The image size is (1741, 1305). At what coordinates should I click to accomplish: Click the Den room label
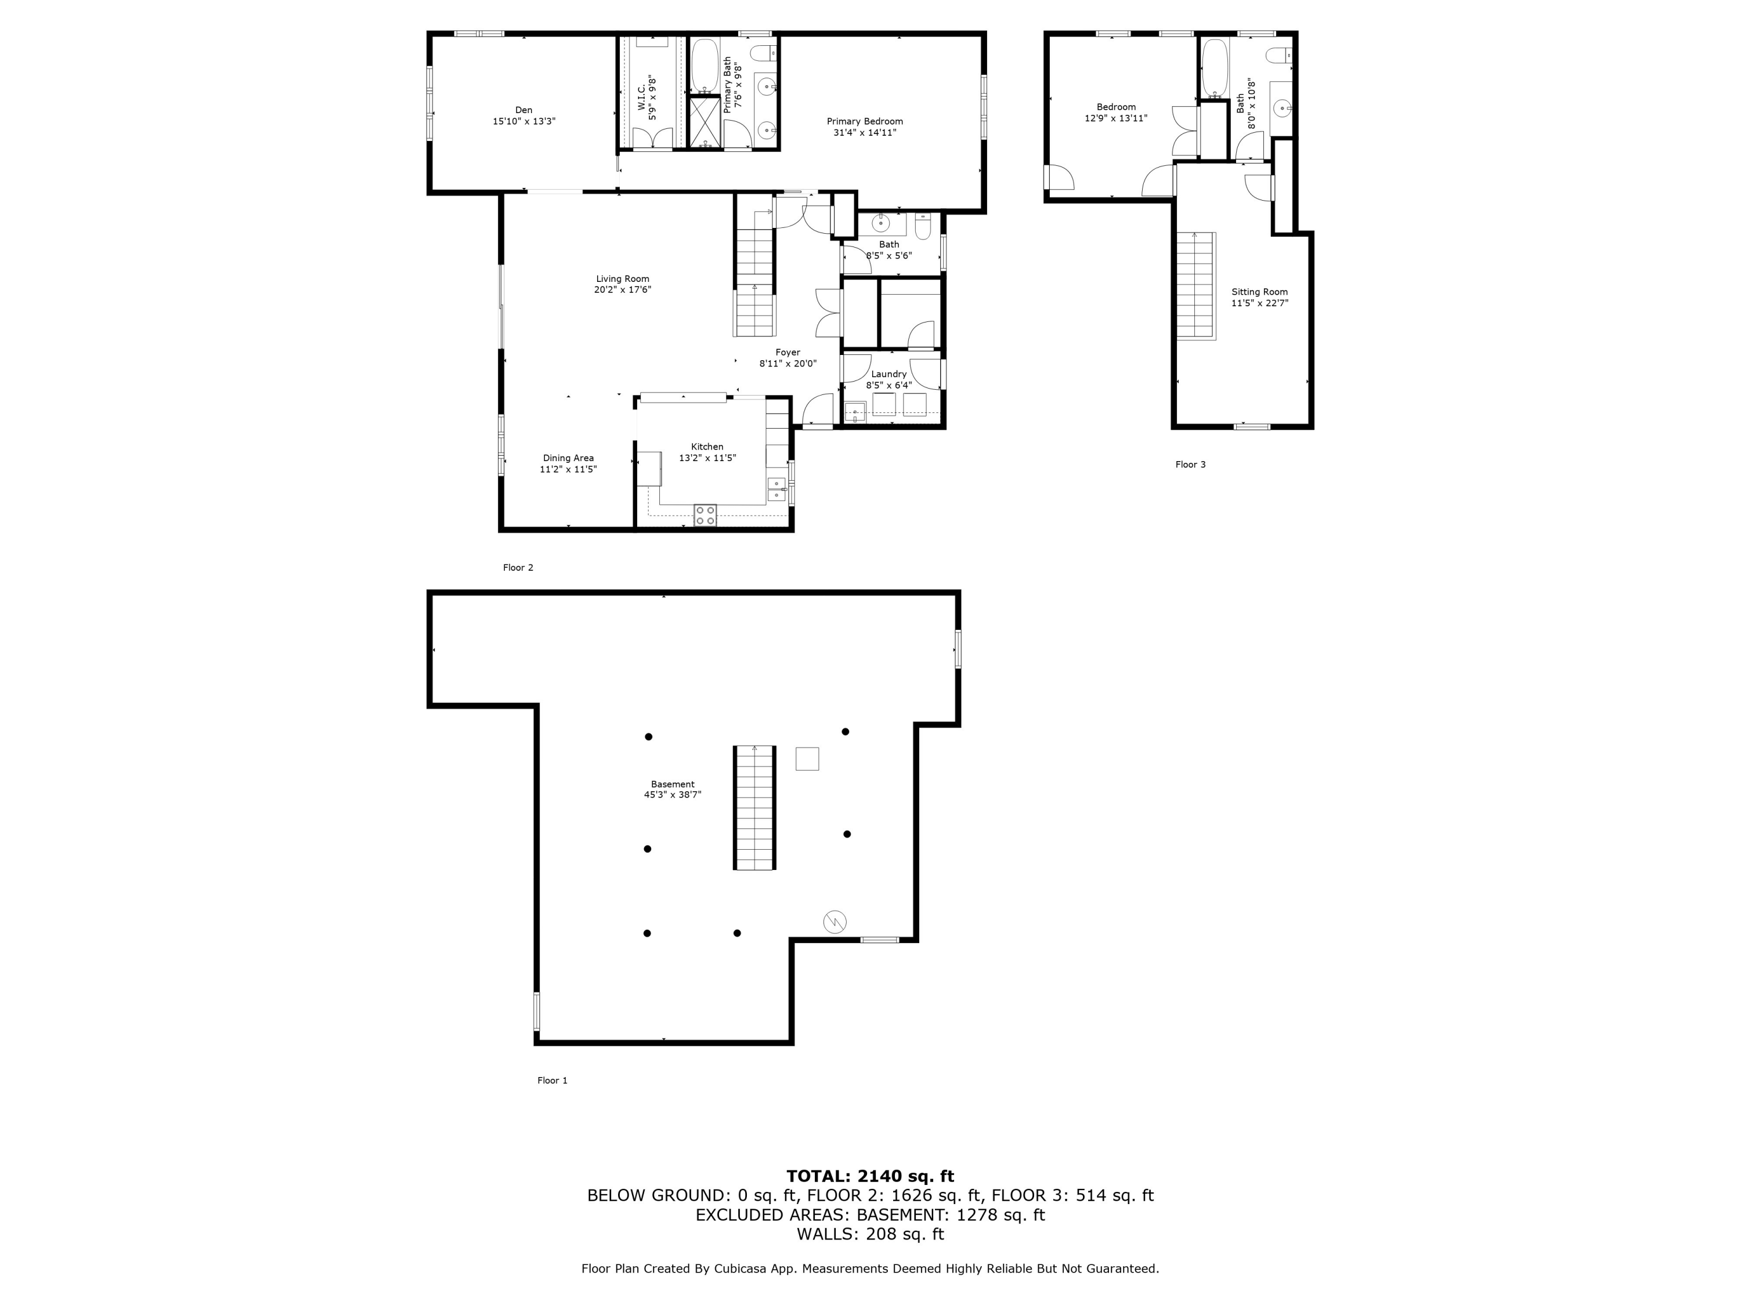tap(523, 110)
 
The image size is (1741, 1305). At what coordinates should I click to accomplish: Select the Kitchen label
tap(707, 447)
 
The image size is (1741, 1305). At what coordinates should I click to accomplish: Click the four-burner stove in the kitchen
tap(705, 515)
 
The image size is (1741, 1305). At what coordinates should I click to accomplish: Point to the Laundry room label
tap(888, 375)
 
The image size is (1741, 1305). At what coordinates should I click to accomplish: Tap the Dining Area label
tap(568, 458)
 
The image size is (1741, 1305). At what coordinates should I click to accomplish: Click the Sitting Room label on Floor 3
tap(1259, 292)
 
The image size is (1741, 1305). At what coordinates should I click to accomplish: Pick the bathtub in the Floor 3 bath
tap(1215, 66)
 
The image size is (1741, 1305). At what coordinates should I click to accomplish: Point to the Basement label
tap(672, 784)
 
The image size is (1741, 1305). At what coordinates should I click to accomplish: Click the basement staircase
tap(755, 807)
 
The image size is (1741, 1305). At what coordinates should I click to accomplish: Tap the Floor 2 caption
tap(518, 568)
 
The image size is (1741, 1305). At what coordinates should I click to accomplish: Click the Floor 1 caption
tap(552, 1081)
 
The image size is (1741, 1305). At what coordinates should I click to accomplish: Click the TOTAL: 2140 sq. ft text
tap(870, 1176)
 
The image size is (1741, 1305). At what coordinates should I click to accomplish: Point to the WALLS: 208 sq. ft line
tap(870, 1234)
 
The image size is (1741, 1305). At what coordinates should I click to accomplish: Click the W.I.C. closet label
tap(641, 97)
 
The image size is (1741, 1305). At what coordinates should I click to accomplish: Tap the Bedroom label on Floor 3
tap(1115, 107)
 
